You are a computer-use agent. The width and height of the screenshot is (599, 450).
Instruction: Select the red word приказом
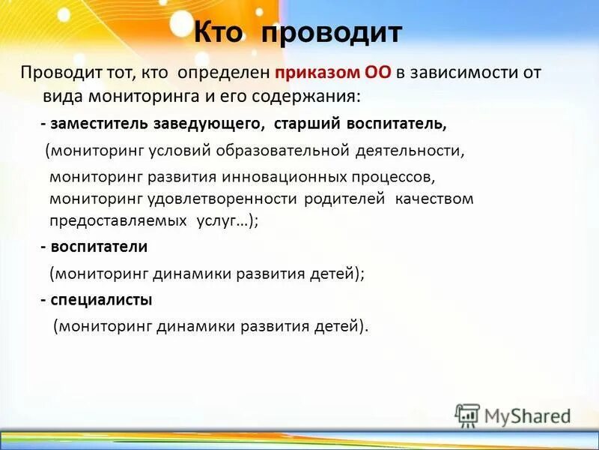[x=317, y=74]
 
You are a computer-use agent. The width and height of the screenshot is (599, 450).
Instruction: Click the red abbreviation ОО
[x=378, y=73]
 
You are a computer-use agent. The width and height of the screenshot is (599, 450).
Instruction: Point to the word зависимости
[x=463, y=74]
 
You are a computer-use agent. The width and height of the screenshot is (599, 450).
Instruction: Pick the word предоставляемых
[x=118, y=221]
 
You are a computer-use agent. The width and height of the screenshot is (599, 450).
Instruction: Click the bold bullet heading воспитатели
[x=99, y=247]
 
